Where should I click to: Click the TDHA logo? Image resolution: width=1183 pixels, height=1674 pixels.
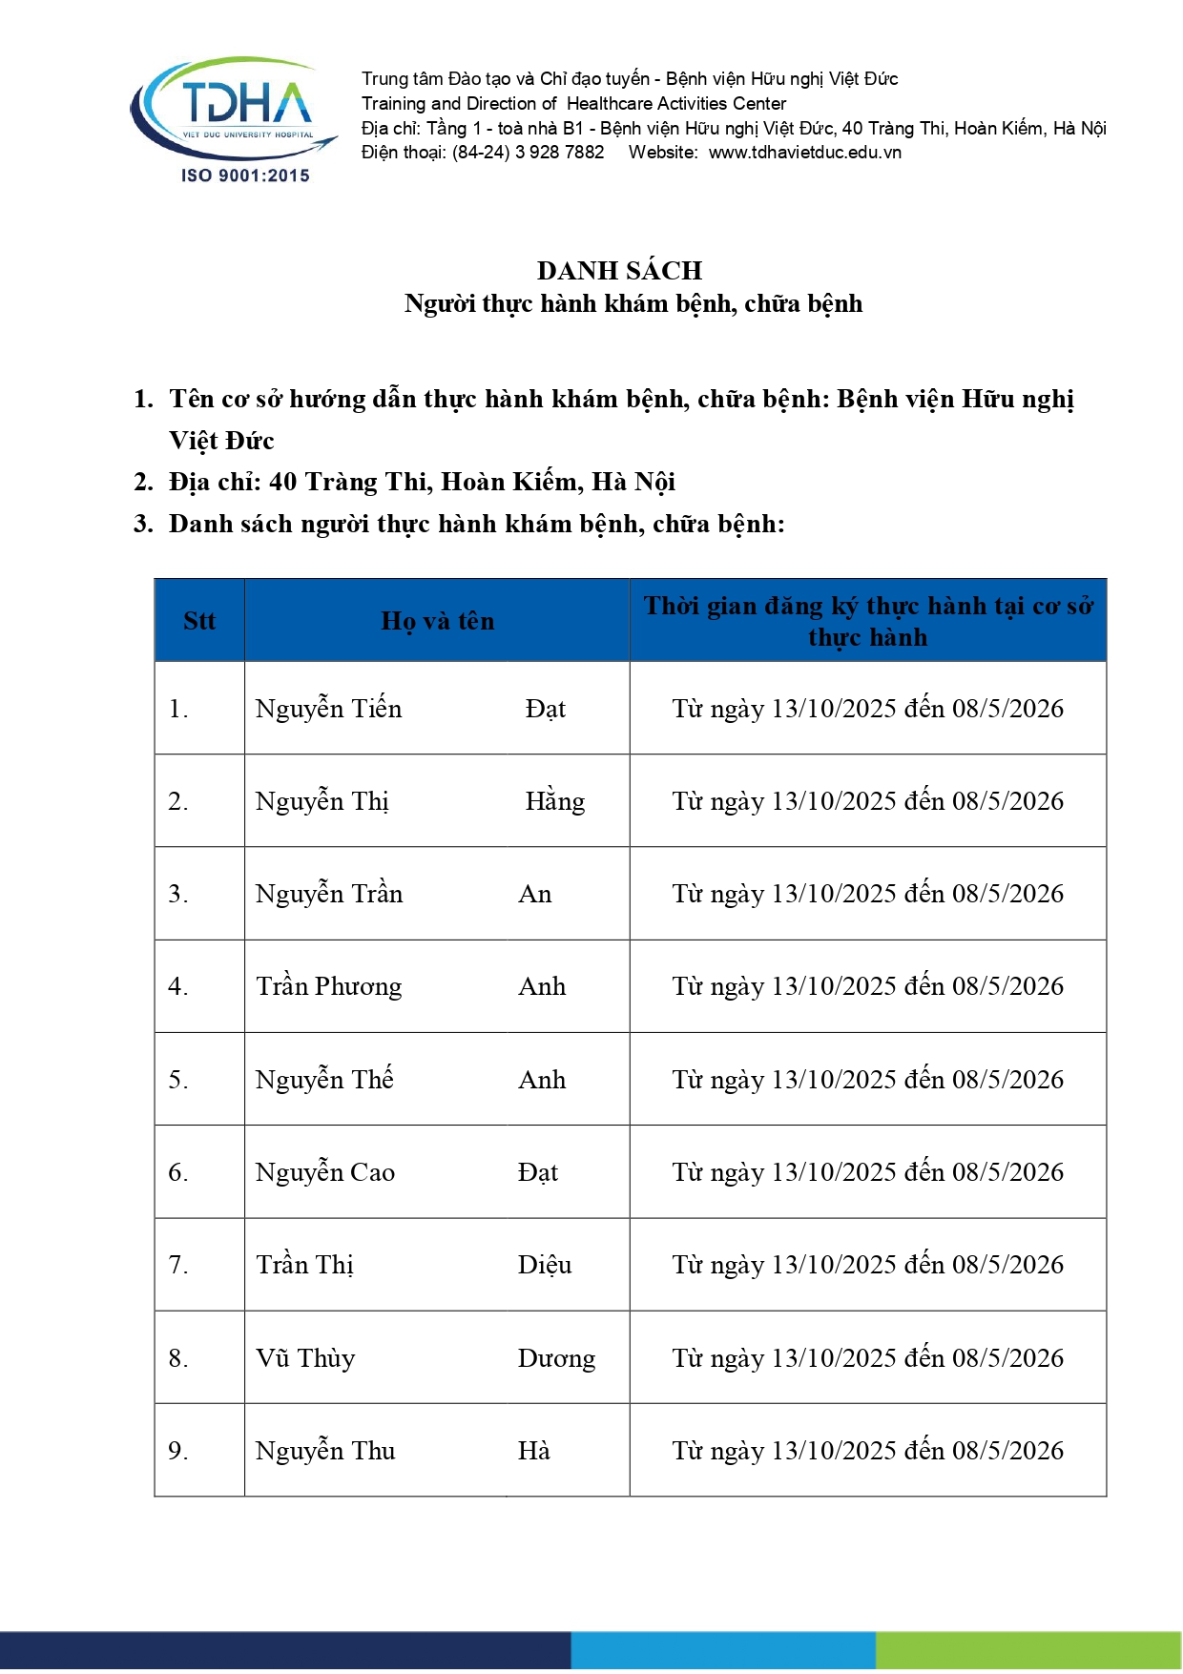(x=234, y=107)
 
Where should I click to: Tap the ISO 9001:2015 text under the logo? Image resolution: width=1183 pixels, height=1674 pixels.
(x=245, y=176)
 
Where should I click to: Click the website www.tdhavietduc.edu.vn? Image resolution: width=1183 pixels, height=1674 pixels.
(x=804, y=153)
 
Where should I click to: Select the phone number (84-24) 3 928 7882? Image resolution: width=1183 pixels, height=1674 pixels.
(x=528, y=153)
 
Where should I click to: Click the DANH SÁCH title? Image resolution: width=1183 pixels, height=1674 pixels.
(x=619, y=271)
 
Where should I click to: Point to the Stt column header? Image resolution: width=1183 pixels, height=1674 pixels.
(x=199, y=621)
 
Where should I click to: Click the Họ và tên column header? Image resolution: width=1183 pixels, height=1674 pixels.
(x=438, y=621)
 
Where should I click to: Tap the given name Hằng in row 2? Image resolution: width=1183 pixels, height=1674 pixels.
(x=554, y=801)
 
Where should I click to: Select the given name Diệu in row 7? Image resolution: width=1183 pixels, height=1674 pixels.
(x=545, y=1265)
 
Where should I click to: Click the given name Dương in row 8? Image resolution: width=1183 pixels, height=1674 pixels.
(x=556, y=1358)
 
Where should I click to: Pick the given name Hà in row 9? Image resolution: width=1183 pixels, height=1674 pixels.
(x=533, y=1451)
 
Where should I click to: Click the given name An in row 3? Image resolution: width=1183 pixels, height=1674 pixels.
(x=535, y=894)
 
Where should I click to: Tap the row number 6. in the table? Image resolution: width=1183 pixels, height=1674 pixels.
(x=178, y=1172)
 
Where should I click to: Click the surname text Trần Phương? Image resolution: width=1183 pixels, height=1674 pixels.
(x=329, y=986)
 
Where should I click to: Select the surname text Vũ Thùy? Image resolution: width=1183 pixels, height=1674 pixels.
(x=305, y=1358)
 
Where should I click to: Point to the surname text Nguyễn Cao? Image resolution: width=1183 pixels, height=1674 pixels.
(x=325, y=1172)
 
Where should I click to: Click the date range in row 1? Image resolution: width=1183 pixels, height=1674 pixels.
(x=867, y=709)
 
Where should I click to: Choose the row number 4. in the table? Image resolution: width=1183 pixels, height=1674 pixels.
(x=178, y=986)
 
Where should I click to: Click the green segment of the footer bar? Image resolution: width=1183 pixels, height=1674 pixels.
(x=1028, y=1651)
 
